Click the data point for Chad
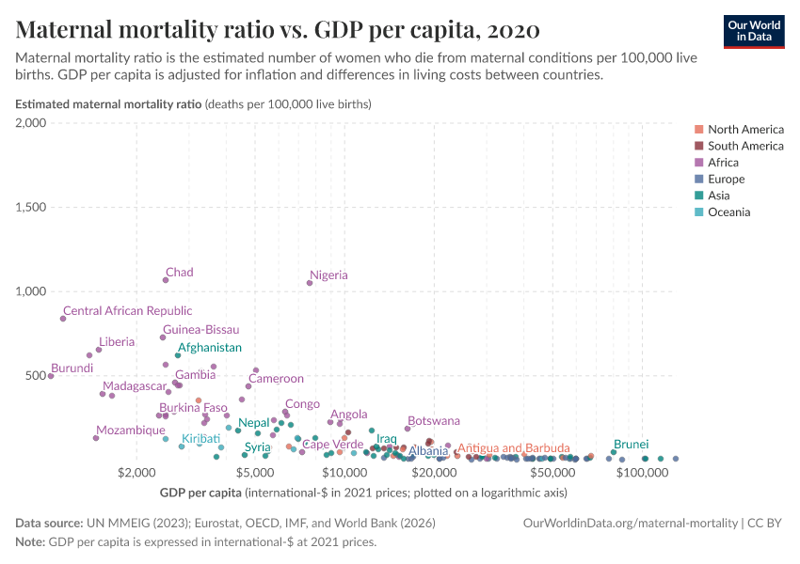(x=166, y=280)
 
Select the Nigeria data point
(x=310, y=283)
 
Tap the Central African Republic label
(x=127, y=310)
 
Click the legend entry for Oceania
(x=728, y=212)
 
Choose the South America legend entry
(x=745, y=146)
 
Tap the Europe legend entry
(x=726, y=179)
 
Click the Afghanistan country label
(x=209, y=347)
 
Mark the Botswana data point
(x=408, y=429)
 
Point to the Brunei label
(x=631, y=443)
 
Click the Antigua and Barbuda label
(x=513, y=447)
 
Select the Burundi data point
(x=51, y=376)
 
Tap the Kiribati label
(x=200, y=438)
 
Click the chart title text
(x=278, y=30)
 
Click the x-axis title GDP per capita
(x=201, y=492)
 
